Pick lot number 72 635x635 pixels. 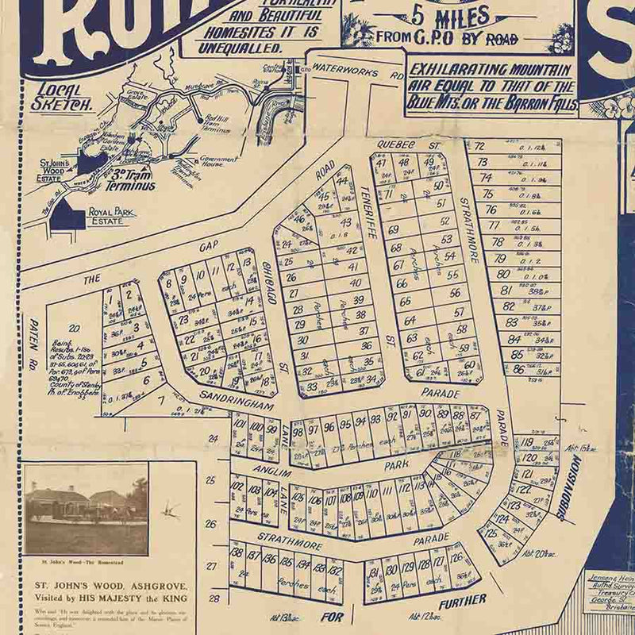tap(479, 147)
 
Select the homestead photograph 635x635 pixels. tap(86, 510)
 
